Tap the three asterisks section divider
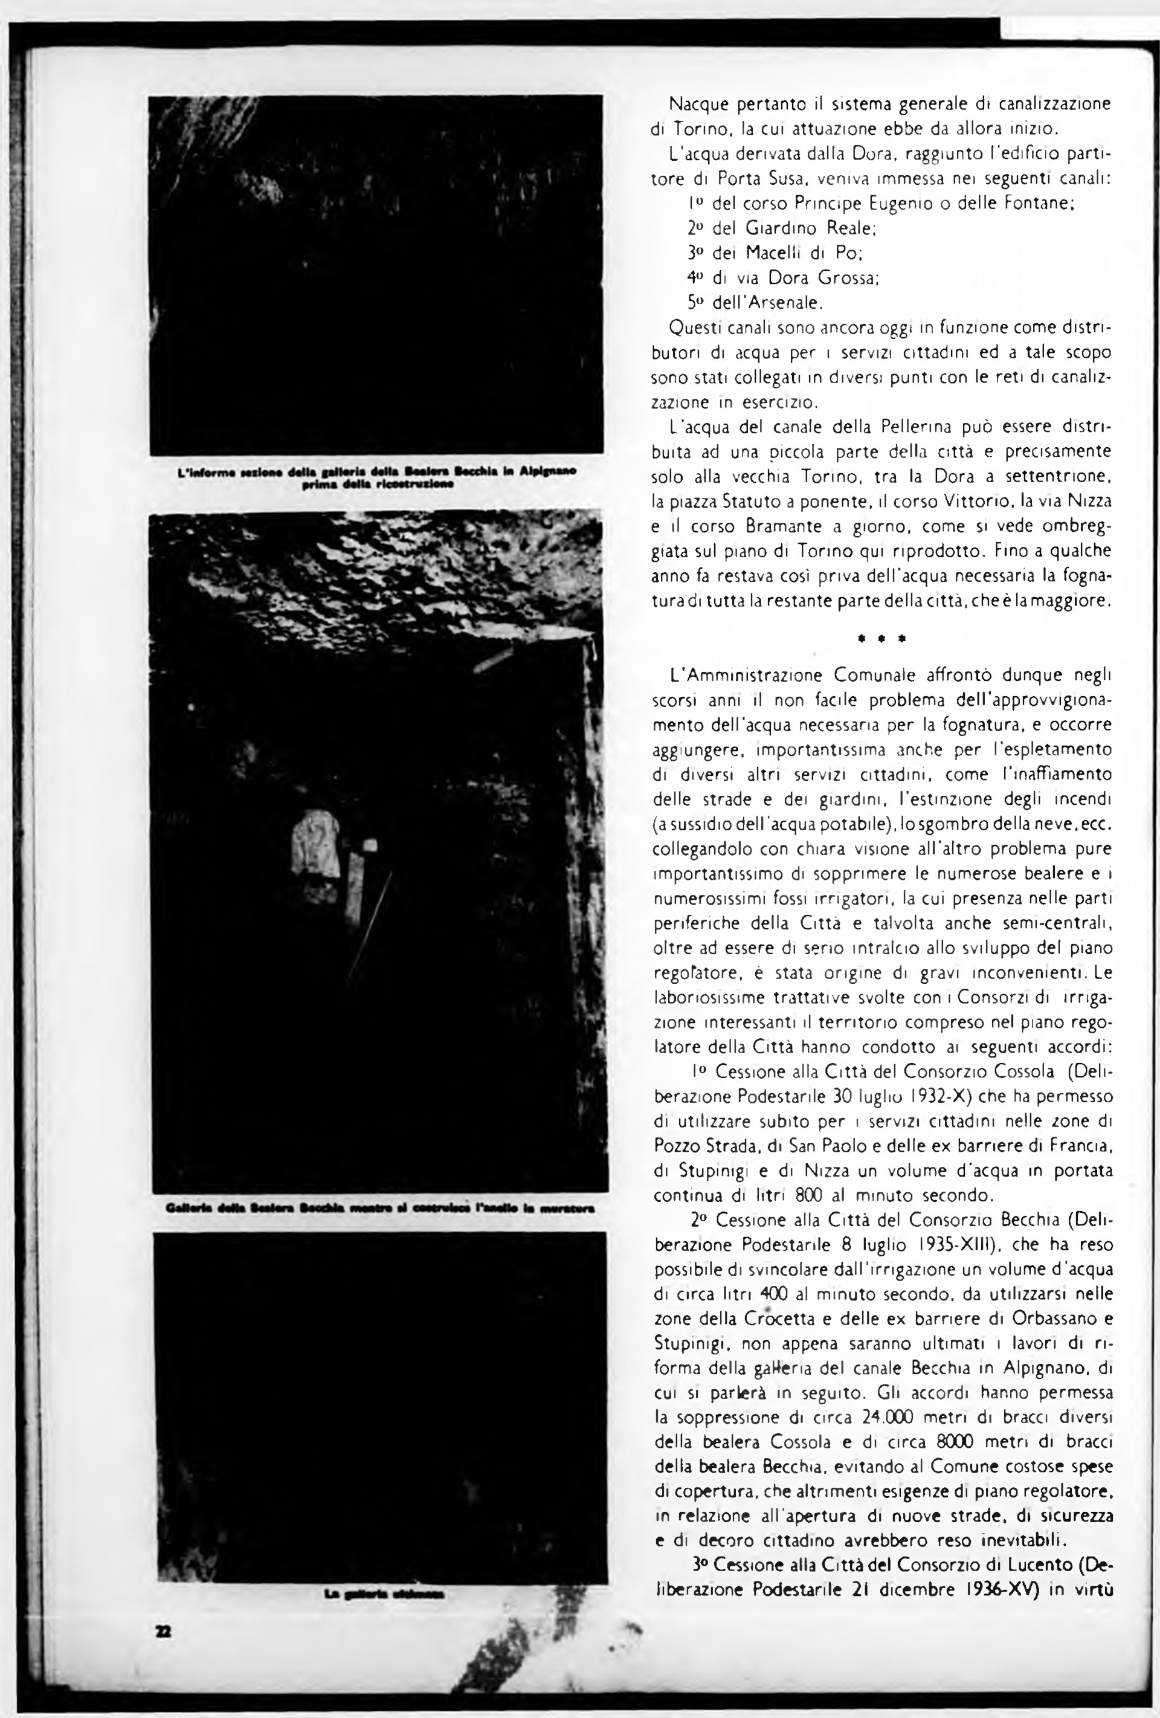881,638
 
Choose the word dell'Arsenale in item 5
767,302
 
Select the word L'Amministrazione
747,676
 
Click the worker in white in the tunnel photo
316,844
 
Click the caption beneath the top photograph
377,477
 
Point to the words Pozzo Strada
700,1146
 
